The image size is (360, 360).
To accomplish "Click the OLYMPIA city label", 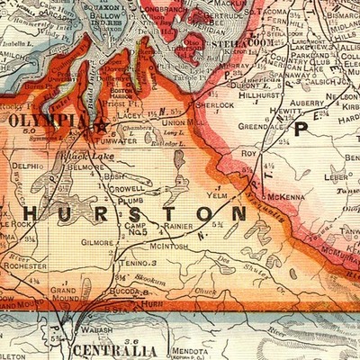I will coord(47,119).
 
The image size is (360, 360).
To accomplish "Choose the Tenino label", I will coord(135,263).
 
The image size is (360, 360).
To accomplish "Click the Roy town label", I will coord(249,154).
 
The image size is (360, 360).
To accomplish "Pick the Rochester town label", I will coord(25,266).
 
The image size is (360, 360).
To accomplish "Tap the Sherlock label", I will coord(212,105).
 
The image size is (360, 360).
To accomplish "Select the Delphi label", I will coord(28,166).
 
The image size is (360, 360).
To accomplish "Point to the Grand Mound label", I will coord(63,296).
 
